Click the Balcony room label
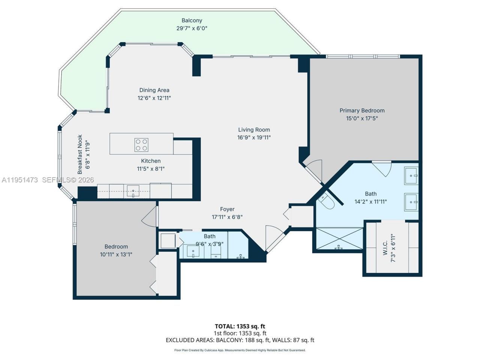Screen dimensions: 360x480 pyautogui.click(x=192, y=21)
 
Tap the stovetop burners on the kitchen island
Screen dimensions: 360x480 pyautogui.click(x=141, y=145)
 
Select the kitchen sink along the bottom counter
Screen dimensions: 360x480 pyautogui.click(x=132, y=190)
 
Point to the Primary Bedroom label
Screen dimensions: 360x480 pyautogui.click(x=362, y=111)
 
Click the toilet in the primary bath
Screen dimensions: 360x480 pyautogui.click(x=325, y=201)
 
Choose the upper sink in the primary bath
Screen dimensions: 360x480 pyautogui.click(x=411, y=176)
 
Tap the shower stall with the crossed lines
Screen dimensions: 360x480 pyautogui.click(x=339, y=238)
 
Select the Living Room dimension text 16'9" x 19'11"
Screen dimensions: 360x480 pyautogui.click(x=254, y=138)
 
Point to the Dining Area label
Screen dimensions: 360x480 pyautogui.click(x=154, y=90)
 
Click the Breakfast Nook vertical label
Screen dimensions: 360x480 pyautogui.click(x=80, y=154)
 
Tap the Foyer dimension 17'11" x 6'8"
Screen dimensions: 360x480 pyautogui.click(x=227, y=217)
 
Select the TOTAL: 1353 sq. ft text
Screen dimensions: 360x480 pyautogui.click(x=240, y=326)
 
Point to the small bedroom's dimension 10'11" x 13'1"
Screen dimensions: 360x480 pyautogui.click(x=116, y=254)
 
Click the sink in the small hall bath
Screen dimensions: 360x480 pyautogui.click(x=193, y=251)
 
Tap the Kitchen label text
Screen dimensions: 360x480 pyautogui.click(x=151, y=161)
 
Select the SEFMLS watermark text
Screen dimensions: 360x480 pyautogui.click(x=67, y=180)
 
